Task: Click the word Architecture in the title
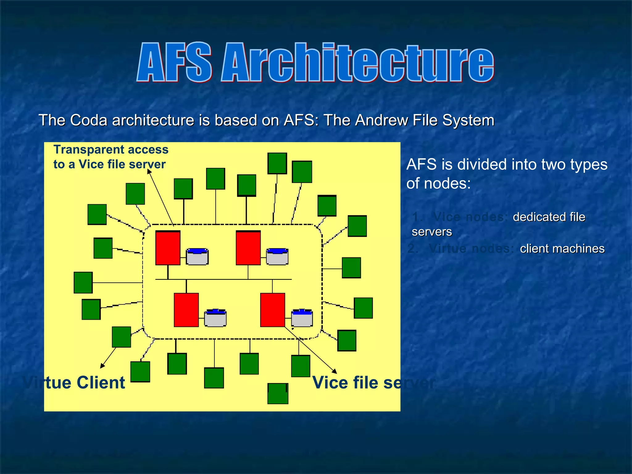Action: tap(358, 62)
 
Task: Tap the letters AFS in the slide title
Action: tap(175, 62)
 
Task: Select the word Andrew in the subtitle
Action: tap(381, 120)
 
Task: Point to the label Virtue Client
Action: tap(74, 383)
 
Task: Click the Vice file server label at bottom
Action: tap(373, 383)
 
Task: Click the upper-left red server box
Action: tap(168, 248)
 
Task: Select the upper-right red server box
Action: tap(248, 248)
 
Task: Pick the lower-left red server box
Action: tap(186, 310)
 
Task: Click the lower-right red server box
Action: tap(272, 310)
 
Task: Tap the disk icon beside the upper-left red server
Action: tap(197, 256)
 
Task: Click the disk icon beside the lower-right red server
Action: tap(302, 318)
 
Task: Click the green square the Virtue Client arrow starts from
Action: tap(121, 337)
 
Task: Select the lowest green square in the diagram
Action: tap(278, 394)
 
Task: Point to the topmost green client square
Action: tap(277, 163)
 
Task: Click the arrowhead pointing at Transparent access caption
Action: tap(149, 171)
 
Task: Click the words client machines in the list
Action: tap(562, 248)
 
